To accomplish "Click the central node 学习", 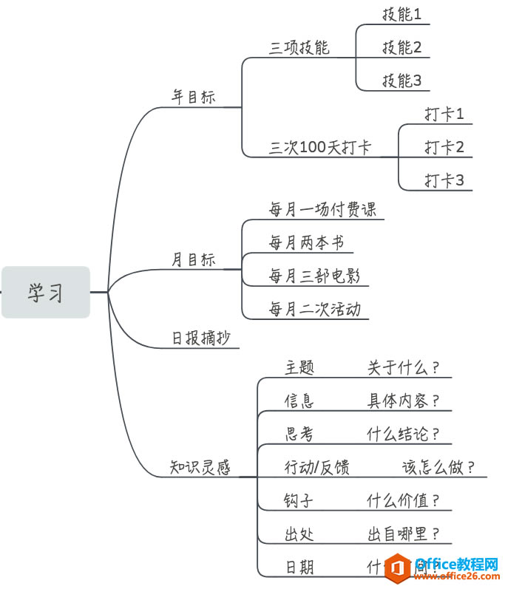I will click(x=46, y=293).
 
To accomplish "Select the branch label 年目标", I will click(x=194, y=97).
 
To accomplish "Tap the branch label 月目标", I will click(x=194, y=260).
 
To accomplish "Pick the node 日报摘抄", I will click(x=200, y=338).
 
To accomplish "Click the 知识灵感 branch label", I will click(x=200, y=468).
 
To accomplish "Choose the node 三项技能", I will click(x=299, y=48).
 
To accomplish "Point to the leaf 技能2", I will click(x=401, y=47).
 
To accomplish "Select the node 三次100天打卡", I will click(x=319, y=147).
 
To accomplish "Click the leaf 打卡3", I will click(x=444, y=180).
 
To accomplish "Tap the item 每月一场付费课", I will click(x=322, y=209).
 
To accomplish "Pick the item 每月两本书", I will click(x=306, y=242).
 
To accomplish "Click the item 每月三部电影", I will click(x=314, y=276).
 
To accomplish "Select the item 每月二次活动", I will click(x=314, y=309).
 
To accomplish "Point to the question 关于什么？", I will click(x=404, y=367).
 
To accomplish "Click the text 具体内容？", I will click(x=404, y=401).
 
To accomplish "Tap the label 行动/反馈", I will click(x=317, y=467).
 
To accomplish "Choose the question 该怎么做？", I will click(x=438, y=467).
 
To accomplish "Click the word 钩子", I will click(x=299, y=500).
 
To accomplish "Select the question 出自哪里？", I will click(x=404, y=534).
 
